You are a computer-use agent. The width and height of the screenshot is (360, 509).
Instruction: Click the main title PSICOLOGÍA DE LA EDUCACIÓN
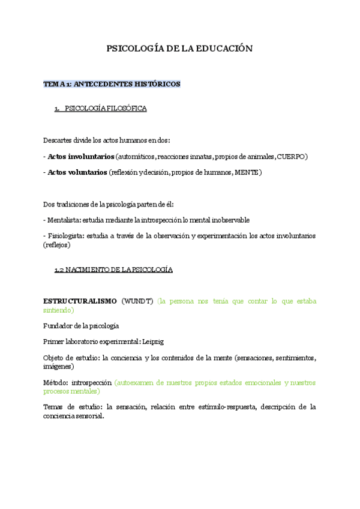(x=179, y=49)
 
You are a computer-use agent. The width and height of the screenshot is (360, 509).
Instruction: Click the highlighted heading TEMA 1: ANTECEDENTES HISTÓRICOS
(x=112, y=84)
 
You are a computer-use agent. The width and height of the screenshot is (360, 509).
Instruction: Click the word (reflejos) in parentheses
(x=57, y=245)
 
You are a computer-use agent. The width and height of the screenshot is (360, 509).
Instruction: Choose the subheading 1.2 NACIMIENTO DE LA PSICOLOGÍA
(x=113, y=270)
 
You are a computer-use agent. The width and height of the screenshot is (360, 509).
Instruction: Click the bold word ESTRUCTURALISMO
(x=79, y=301)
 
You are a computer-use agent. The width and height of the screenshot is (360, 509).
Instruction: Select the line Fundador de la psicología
(x=82, y=326)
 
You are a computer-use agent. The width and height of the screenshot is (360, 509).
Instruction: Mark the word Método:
(x=55, y=382)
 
